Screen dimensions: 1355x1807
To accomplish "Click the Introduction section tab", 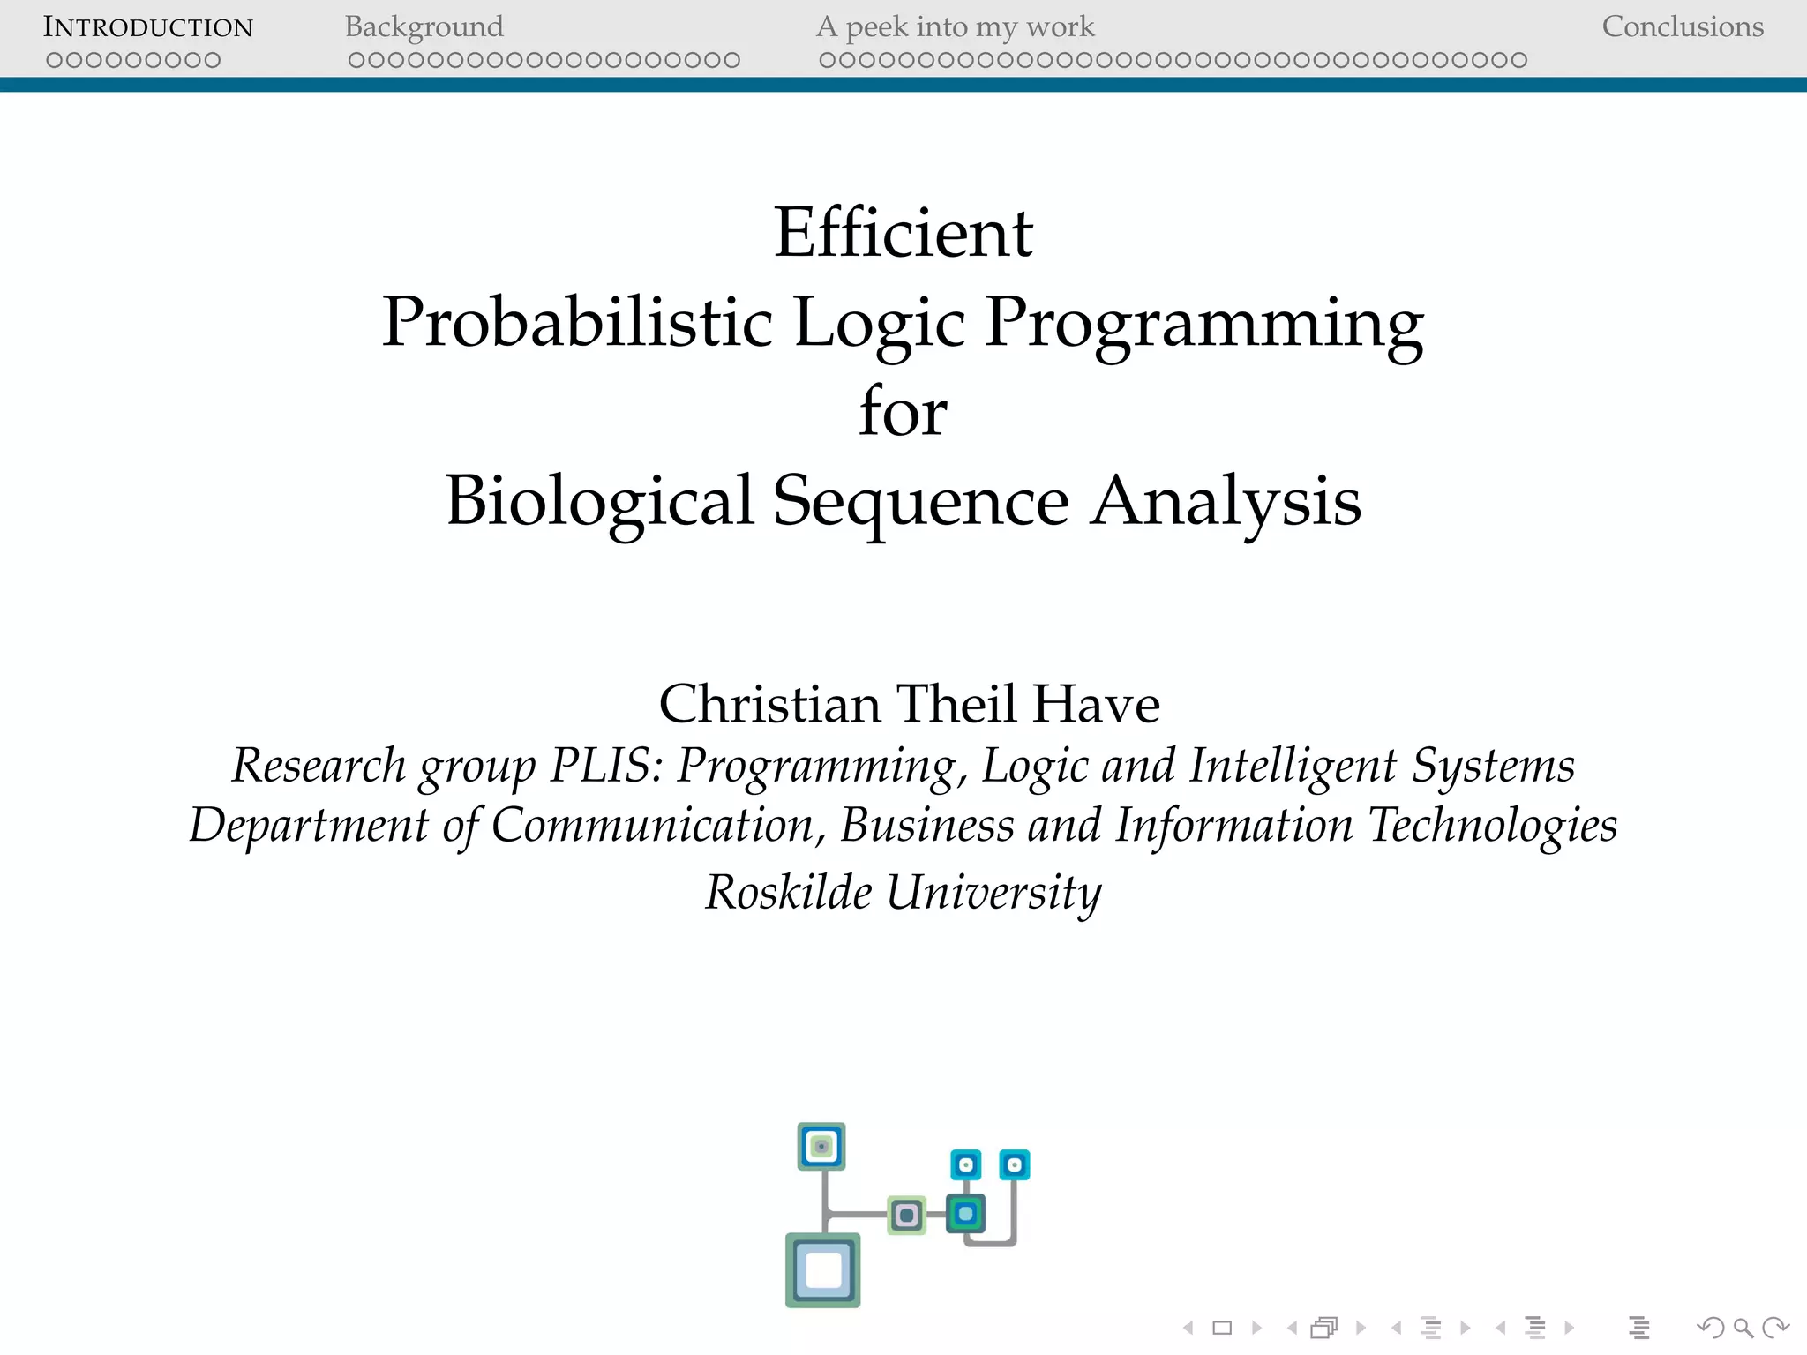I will tap(148, 27).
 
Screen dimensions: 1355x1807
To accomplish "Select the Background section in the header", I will tap(424, 27).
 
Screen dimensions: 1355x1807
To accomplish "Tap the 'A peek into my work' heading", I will tap(955, 27).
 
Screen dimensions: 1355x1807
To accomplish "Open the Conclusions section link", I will tap(1682, 27).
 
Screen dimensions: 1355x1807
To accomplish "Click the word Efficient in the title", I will tap(903, 233).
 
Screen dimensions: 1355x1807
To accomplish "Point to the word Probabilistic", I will tap(577, 322).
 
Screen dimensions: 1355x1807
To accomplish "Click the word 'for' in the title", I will tap(903, 411).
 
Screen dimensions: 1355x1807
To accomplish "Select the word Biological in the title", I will tap(600, 500).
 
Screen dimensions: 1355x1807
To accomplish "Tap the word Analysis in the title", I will tap(1226, 500).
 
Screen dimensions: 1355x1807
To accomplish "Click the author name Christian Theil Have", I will tap(909, 704).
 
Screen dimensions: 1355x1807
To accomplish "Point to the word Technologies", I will tap(1492, 826).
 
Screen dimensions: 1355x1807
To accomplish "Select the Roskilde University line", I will tap(903, 892).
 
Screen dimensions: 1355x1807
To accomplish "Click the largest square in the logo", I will tap(822, 1270).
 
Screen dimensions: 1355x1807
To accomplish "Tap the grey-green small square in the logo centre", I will tap(906, 1216).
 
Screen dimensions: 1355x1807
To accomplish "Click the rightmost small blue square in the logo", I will tap(1014, 1165).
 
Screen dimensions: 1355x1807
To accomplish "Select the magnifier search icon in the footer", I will tap(1743, 1328).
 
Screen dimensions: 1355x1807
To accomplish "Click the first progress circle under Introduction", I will tap(55, 60).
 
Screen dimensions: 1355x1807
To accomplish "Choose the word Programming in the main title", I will tap(1203, 322).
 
